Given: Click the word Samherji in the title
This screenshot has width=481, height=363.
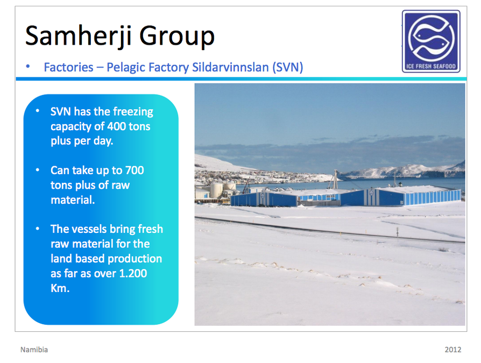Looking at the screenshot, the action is [78, 36].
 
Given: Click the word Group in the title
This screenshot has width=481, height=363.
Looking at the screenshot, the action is [176, 36].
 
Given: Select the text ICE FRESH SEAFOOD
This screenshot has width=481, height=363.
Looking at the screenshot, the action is [431, 66].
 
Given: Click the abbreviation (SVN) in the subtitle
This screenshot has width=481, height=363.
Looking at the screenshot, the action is [287, 67].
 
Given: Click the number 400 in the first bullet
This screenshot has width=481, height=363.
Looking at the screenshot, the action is [117, 126].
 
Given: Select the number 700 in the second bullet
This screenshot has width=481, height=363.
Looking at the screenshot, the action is [135, 170].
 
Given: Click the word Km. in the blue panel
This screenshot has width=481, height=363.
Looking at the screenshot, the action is [60, 288].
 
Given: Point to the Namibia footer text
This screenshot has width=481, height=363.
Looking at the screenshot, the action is [34, 350].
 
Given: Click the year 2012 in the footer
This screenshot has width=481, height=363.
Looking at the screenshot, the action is [453, 350].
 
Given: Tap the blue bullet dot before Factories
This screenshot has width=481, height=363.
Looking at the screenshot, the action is [28, 66].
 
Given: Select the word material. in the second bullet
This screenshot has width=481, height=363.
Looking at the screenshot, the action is [73, 200].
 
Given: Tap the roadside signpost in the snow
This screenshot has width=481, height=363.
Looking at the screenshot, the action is [398, 232].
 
